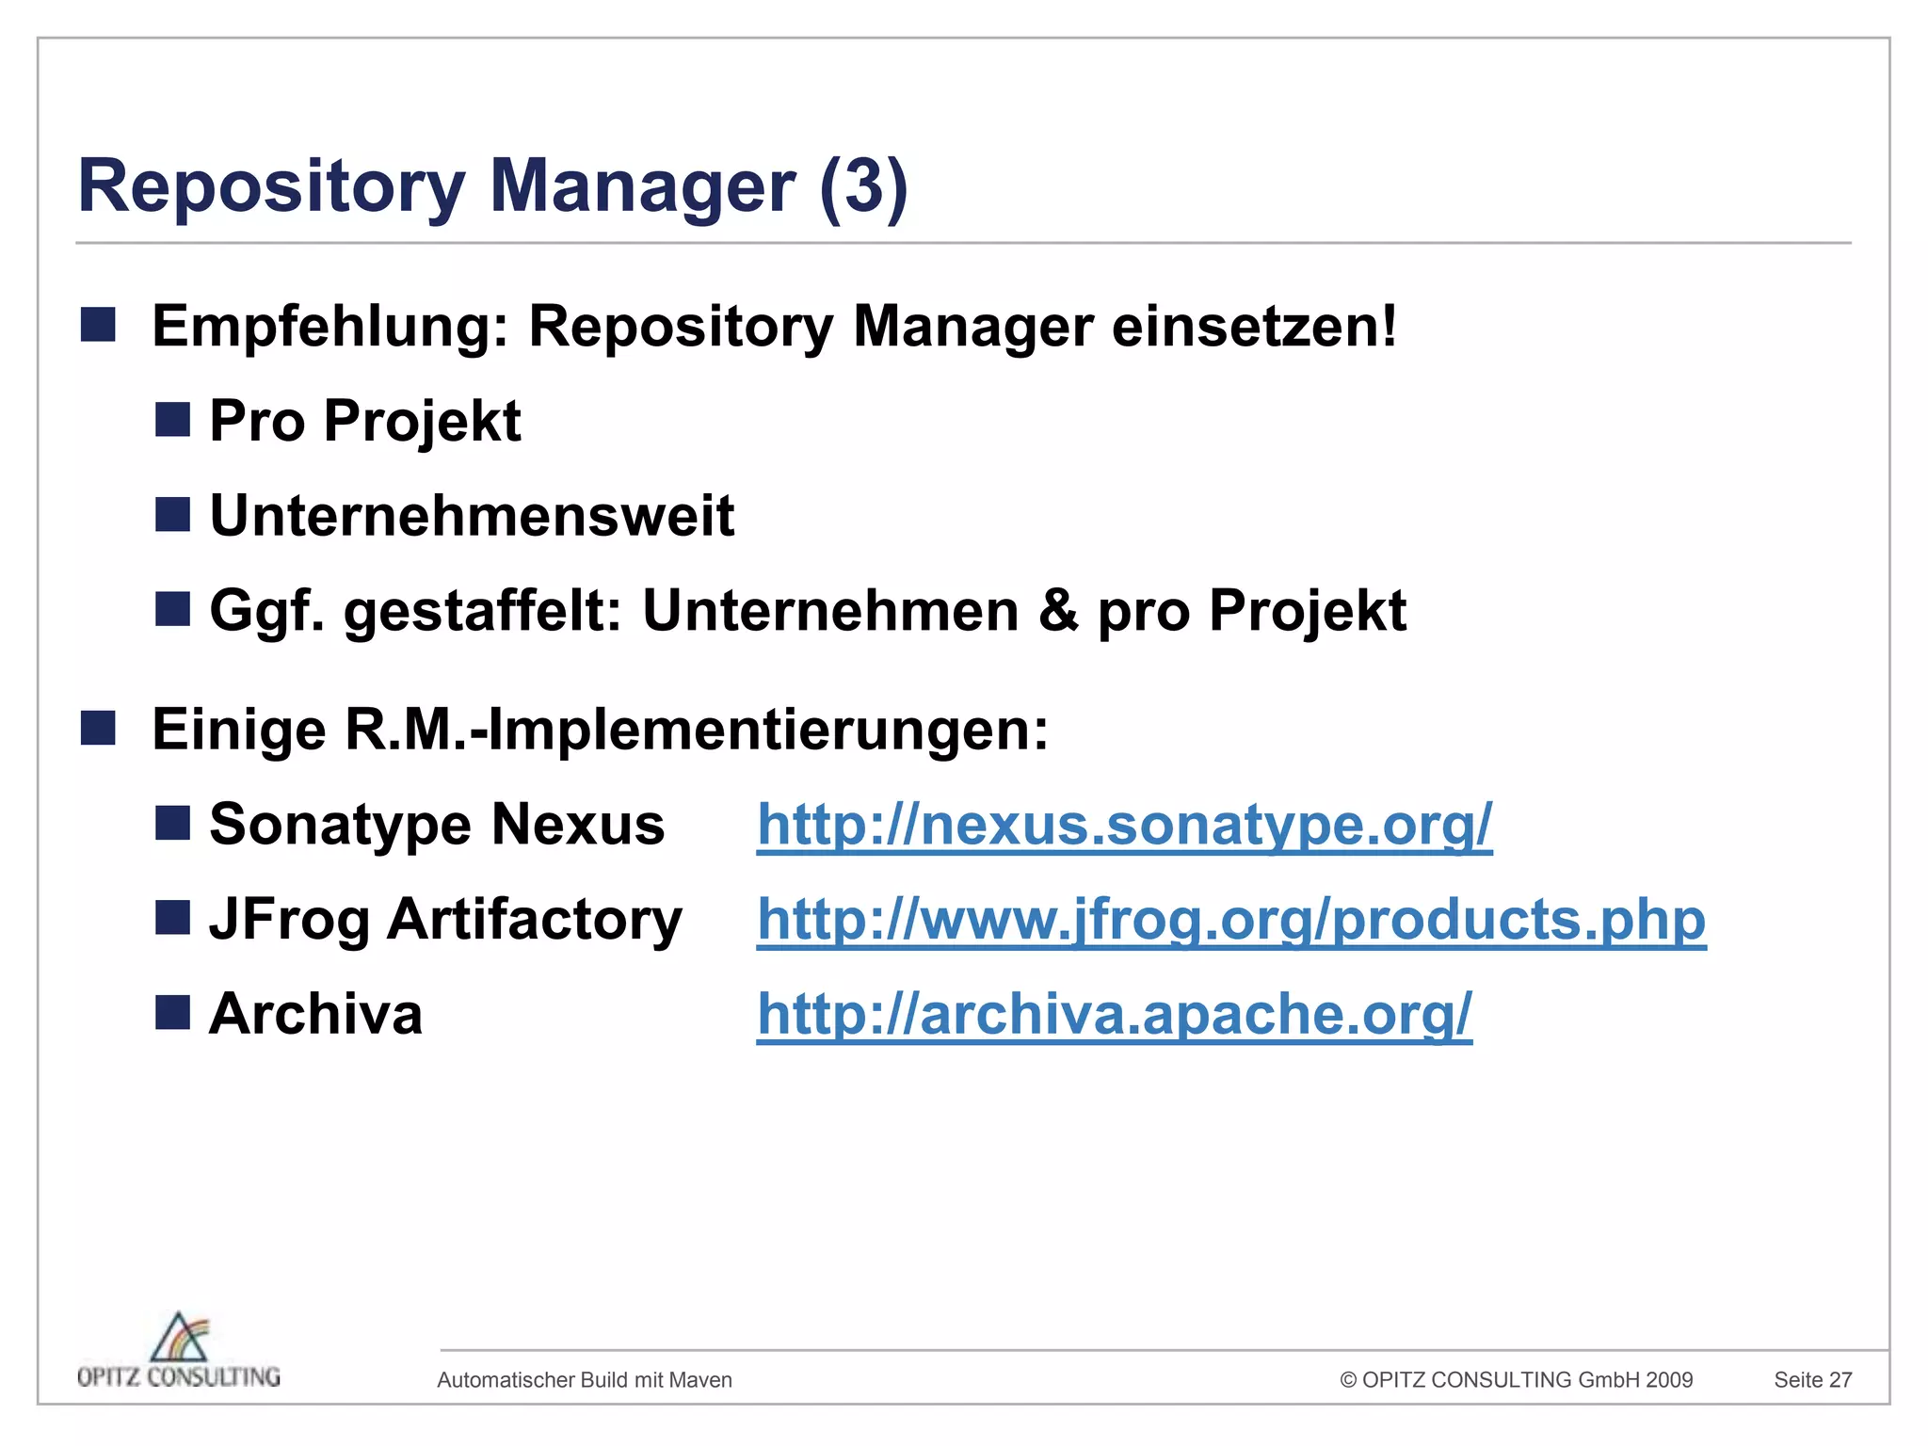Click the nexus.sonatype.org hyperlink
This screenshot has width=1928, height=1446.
(1124, 825)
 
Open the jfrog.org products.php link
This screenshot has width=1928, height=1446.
(1231, 920)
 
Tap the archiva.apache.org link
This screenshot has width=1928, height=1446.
(1115, 1014)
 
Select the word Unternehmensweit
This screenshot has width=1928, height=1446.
(472, 516)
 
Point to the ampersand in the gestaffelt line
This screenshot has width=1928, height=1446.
(1058, 610)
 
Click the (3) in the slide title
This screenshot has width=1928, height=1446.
(863, 185)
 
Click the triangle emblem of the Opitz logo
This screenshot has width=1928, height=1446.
(180, 1337)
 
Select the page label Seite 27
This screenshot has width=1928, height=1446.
(1812, 1380)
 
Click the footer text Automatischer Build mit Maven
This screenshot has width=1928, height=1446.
(585, 1380)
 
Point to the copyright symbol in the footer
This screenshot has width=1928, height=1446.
(1348, 1380)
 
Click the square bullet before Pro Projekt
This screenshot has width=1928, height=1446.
(172, 419)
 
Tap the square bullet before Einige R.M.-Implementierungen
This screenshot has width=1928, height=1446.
(98, 728)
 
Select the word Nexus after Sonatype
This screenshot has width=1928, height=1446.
(578, 825)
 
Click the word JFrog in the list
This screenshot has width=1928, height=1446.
(289, 920)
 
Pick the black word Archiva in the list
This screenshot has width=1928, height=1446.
(315, 1014)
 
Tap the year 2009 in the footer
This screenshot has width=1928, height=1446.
(1669, 1380)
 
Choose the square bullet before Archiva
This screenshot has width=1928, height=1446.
(172, 1013)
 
